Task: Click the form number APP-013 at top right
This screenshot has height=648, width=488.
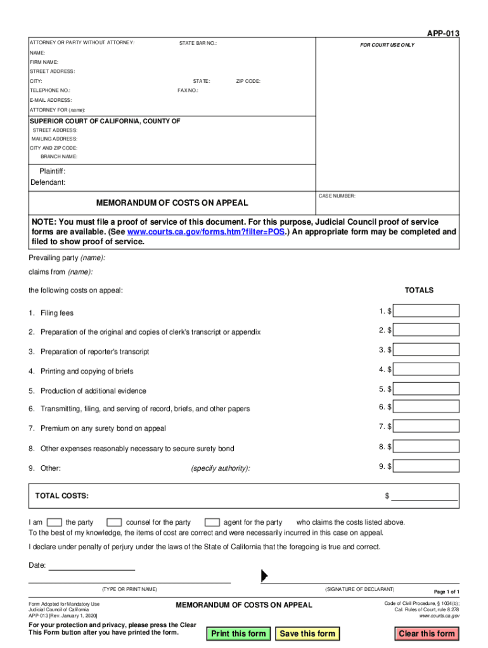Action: click(x=444, y=34)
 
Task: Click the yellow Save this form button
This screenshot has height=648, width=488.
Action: click(x=307, y=633)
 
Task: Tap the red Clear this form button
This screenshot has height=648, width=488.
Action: click(x=427, y=633)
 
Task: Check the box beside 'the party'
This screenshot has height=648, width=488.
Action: click(x=55, y=522)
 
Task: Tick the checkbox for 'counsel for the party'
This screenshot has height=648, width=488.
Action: click(x=114, y=522)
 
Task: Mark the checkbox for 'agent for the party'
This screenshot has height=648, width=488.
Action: click(x=212, y=522)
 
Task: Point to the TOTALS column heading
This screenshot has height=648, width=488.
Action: click(x=419, y=290)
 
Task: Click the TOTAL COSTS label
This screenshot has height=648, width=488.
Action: click(x=62, y=495)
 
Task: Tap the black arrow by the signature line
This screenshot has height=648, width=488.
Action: click(x=264, y=575)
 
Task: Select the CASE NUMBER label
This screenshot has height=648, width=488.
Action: click(x=337, y=196)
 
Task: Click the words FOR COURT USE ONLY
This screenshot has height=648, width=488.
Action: click(x=387, y=45)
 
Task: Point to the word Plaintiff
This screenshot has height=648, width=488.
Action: click(x=52, y=171)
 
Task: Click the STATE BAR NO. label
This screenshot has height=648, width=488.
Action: click(x=198, y=43)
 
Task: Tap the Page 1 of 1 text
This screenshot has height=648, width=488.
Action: click(x=446, y=592)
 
